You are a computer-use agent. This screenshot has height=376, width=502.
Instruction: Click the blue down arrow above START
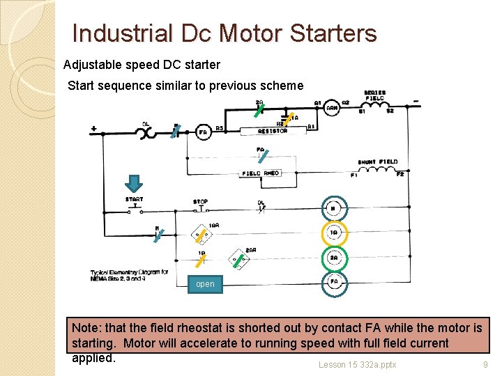point(134,183)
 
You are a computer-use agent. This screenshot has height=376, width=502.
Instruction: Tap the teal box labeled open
point(205,284)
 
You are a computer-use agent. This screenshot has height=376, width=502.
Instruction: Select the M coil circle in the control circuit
point(334,208)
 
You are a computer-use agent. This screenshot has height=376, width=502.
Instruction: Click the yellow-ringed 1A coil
point(334,233)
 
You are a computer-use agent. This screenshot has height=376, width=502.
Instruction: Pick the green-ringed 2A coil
point(334,258)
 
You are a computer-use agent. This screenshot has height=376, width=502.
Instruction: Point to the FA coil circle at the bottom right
point(334,282)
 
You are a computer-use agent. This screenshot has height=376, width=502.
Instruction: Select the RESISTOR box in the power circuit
point(273,130)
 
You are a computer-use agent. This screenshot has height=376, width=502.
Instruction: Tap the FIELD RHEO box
point(261,173)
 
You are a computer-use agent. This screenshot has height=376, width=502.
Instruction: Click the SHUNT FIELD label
point(377,162)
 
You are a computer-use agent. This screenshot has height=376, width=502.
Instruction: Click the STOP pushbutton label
point(201,202)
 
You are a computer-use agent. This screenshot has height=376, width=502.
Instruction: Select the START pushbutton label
point(135,199)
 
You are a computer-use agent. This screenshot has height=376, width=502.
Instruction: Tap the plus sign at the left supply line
point(93,129)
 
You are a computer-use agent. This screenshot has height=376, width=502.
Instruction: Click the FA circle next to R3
point(204,132)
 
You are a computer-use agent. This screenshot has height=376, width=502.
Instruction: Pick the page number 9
point(485,364)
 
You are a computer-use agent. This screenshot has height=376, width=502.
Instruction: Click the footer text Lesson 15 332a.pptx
point(357,364)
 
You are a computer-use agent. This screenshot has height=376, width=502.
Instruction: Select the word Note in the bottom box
point(86,327)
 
